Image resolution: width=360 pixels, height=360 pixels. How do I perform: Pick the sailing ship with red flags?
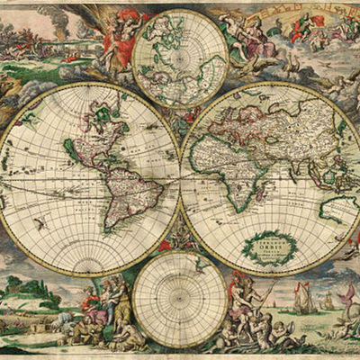coord(306,297)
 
